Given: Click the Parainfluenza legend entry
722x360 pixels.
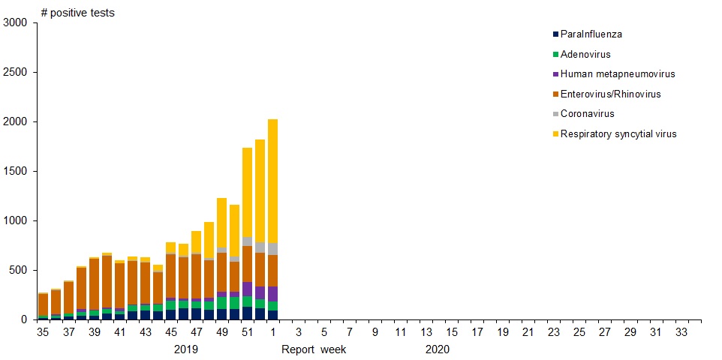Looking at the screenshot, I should (591, 34).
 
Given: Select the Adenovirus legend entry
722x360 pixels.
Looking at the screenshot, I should (585, 55).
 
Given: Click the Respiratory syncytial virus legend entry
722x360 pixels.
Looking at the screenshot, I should (618, 134).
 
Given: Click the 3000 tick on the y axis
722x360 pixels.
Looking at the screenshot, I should (15, 23).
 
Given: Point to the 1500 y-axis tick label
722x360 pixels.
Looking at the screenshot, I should (15, 171).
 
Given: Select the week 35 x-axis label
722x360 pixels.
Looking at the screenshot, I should (44, 331).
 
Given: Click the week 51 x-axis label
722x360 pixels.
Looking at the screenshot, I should (247, 331).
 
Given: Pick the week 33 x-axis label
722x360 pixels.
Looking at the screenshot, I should (681, 331).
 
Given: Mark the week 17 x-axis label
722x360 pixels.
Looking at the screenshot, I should (477, 331).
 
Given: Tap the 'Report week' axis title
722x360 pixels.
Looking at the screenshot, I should (314, 349).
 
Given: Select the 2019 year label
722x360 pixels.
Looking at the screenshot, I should (186, 349).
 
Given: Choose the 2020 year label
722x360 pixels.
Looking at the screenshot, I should (437, 349).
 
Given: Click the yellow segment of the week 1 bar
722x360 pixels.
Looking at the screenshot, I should (272, 181).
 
